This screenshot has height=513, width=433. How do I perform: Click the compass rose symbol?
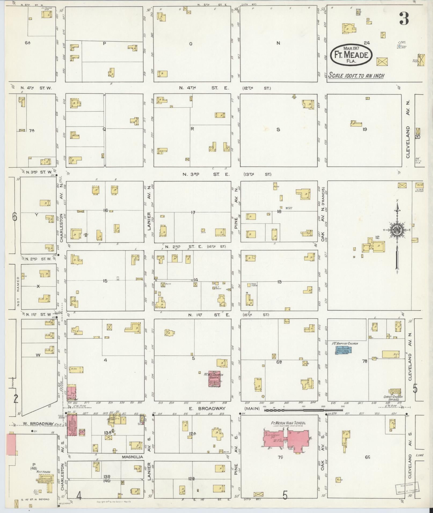coord(396,230)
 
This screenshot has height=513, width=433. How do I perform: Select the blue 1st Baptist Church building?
coord(344,350)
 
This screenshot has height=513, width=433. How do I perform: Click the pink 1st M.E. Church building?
coord(214,378)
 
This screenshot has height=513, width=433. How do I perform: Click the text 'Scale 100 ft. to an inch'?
coord(356,75)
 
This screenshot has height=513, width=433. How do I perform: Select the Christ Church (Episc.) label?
coord(393,397)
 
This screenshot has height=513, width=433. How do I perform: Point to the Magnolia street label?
coord(132,456)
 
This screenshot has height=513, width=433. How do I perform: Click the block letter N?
coord(278,43)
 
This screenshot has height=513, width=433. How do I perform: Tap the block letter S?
coord(278,130)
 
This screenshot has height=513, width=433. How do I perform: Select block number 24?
coord(367,43)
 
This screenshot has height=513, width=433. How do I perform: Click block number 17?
coord(193,212)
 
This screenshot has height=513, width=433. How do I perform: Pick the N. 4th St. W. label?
coord(36,88)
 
